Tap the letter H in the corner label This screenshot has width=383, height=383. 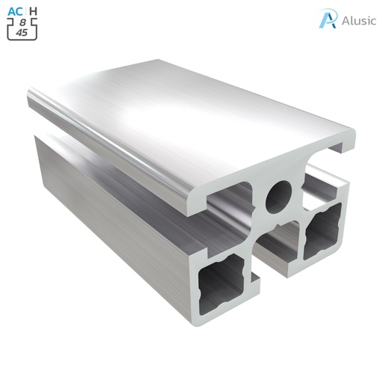pyautogui.click(x=33, y=11)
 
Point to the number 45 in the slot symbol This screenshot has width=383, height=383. pyautogui.click(x=23, y=33)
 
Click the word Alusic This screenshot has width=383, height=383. pyautogui.click(x=355, y=20)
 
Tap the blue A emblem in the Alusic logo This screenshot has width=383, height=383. pyautogui.click(x=327, y=19)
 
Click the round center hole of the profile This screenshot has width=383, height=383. pyautogui.click(x=279, y=196)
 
